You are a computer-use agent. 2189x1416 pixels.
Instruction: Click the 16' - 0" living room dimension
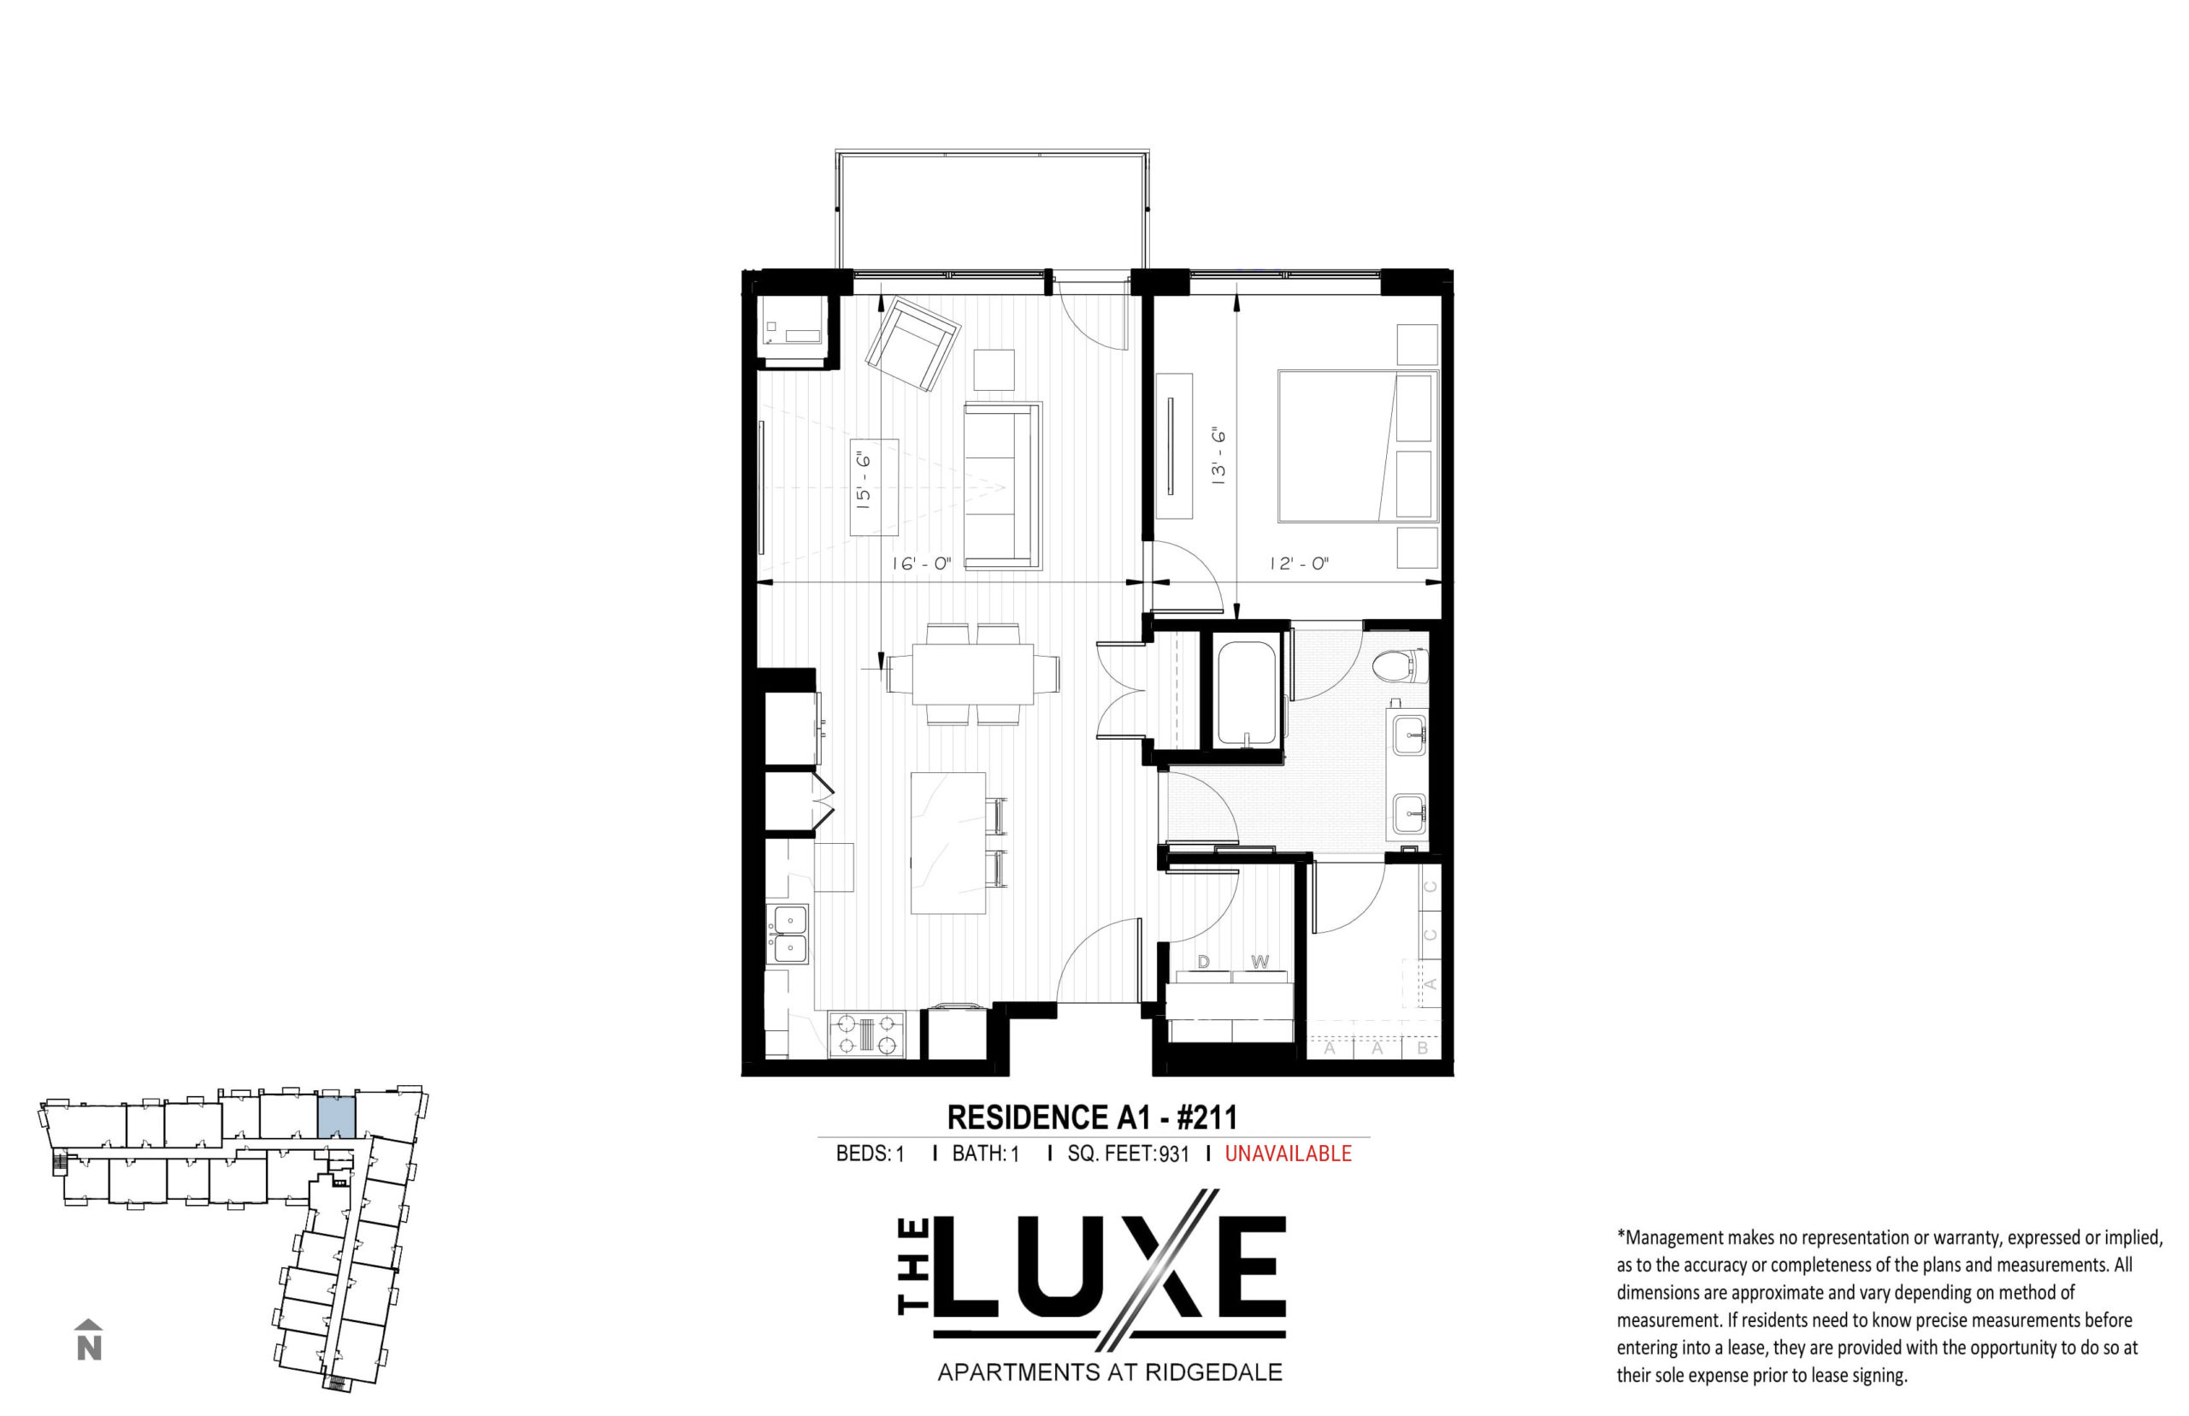(x=920, y=563)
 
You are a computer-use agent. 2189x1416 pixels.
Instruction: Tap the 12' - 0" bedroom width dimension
(x=1299, y=563)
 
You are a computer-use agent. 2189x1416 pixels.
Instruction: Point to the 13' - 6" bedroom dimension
(x=1218, y=455)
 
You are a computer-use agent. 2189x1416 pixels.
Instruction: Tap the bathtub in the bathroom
(x=1247, y=693)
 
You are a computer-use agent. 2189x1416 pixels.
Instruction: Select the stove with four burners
(x=867, y=1034)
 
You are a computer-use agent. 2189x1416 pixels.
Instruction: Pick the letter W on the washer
(x=1260, y=962)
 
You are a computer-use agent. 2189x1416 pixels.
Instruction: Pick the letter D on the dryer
(x=1203, y=962)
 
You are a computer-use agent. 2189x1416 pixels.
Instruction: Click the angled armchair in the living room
(x=912, y=345)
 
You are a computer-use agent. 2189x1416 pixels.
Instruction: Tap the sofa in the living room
(x=1003, y=486)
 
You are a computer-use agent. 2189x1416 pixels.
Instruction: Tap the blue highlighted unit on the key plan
(x=337, y=1116)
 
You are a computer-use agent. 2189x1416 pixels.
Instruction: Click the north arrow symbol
(x=88, y=1340)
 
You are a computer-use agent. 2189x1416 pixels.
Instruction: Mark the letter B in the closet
(x=1422, y=1047)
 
